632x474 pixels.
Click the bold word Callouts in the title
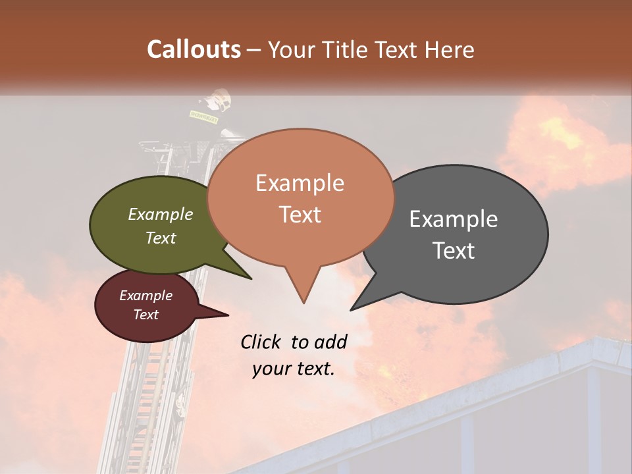pos(194,49)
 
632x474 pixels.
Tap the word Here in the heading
pos(450,50)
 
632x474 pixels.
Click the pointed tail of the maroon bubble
pos(221,314)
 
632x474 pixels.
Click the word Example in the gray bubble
pos(453,219)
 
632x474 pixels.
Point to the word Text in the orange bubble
pos(300,215)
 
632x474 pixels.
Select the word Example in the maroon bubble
pos(145,296)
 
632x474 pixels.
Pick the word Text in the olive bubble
pos(161,238)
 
